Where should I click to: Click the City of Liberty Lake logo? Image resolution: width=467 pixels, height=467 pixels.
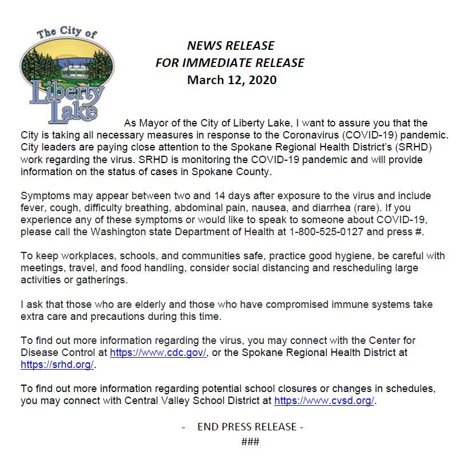[x=62, y=74]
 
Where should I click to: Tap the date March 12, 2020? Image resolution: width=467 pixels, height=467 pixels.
[x=232, y=80]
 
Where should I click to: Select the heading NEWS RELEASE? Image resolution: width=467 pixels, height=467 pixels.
[x=231, y=45]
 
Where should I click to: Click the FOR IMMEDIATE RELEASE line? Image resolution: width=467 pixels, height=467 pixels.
[x=230, y=62]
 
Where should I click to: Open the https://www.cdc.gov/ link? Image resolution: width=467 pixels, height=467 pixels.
[x=158, y=353]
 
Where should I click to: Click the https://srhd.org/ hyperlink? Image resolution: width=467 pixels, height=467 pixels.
[x=57, y=364]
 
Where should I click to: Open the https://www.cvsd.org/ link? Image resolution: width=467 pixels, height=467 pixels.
[x=324, y=401]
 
